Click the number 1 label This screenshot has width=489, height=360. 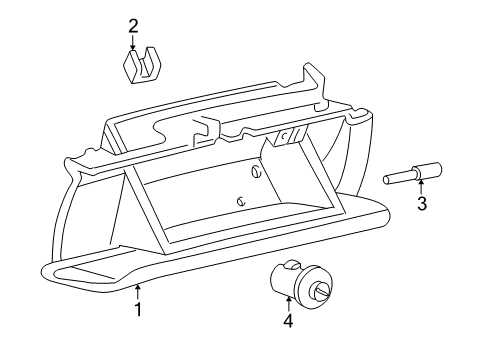(x=138, y=310)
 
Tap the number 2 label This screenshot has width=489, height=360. (x=133, y=25)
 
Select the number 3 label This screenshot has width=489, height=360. (x=422, y=205)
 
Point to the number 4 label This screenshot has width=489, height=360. (x=288, y=321)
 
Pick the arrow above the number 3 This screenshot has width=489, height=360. (x=421, y=187)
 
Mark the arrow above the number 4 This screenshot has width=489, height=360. (x=288, y=304)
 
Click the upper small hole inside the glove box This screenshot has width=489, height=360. (x=256, y=172)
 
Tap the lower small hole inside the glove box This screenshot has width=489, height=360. (x=241, y=201)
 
